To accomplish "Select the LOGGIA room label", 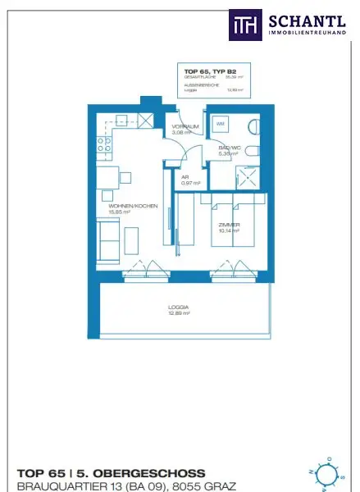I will [179, 307].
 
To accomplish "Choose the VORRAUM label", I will [182, 125].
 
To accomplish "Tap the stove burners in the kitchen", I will [104, 146].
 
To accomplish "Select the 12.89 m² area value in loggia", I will [180, 313].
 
